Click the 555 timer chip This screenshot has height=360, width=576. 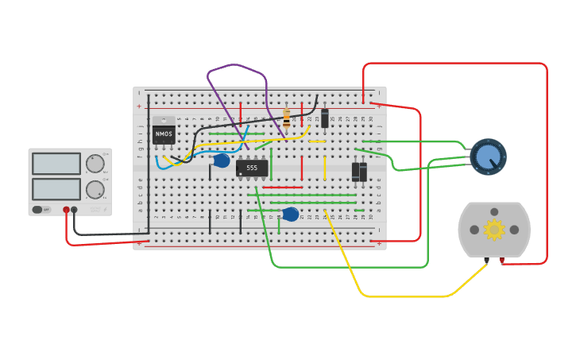(251, 168)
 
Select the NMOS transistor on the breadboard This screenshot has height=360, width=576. (164, 134)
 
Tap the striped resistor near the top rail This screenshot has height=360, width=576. (286, 118)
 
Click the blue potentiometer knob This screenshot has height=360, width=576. (486, 157)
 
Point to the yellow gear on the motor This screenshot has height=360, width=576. (494, 230)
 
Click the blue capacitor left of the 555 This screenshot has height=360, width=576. (222, 161)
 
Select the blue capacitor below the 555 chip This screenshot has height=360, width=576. (291, 214)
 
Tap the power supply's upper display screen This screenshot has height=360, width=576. (56, 164)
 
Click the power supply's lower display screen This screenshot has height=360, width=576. (56, 189)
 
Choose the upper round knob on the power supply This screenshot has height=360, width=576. (95, 164)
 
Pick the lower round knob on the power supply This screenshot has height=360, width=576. (95, 189)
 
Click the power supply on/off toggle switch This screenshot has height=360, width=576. (37, 210)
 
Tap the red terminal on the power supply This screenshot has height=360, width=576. (66, 210)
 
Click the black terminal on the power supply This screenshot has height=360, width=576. (74, 210)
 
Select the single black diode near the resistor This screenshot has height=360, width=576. (325, 118)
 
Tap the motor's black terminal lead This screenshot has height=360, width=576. (486, 260)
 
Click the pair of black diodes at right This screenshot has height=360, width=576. (359, 172)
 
